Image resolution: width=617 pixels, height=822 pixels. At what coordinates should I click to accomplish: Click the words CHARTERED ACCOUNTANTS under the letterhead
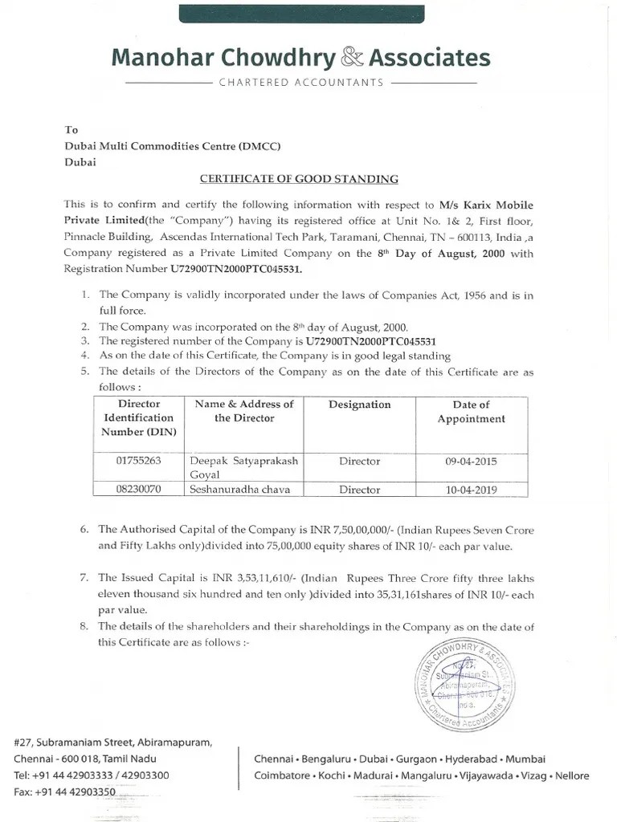300,83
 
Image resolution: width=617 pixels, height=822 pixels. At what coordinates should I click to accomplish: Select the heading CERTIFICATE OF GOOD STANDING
298,179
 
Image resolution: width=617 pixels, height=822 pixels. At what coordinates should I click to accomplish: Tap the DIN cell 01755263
139,462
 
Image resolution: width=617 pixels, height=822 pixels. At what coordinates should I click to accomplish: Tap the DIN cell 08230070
139,488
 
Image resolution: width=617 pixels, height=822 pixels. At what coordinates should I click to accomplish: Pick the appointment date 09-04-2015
471,462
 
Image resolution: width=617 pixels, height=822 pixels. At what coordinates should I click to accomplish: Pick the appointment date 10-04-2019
471,488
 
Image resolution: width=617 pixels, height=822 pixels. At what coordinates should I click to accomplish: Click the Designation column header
359,405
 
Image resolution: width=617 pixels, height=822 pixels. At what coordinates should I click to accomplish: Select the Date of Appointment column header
471,412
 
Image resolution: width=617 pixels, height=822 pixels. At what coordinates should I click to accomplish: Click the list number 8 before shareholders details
85,627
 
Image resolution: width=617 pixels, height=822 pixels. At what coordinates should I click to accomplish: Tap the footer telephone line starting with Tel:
92,775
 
